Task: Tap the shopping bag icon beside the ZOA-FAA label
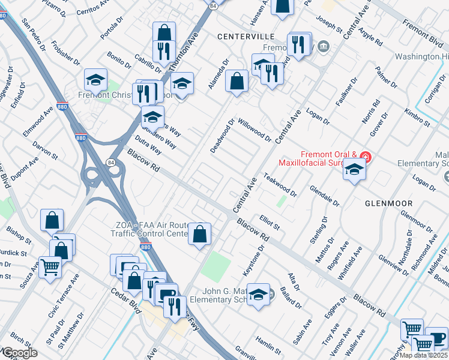point(200,233)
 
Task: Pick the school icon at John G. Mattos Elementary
point(258,295)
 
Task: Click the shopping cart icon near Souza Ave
point(49,266)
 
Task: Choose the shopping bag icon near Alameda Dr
point(237,80)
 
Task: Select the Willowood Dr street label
point(255,130)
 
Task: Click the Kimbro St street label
point(417,118)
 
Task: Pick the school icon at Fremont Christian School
point(95,79)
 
